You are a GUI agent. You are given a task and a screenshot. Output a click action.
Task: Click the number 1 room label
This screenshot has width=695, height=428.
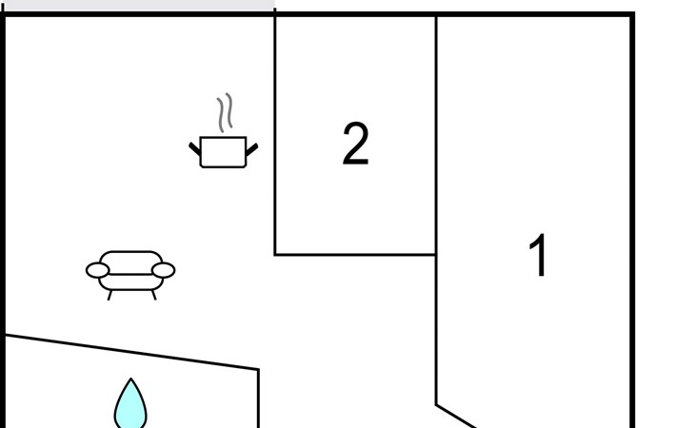(539, 256)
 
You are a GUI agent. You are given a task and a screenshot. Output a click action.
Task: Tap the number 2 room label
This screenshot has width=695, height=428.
(355, 145)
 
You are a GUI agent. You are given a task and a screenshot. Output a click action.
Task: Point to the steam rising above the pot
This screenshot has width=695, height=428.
(225, 113)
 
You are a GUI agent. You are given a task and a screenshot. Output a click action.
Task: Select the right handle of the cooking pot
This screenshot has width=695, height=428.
(252, 149)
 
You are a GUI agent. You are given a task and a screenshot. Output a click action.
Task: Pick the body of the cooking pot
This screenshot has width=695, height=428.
(224, 152)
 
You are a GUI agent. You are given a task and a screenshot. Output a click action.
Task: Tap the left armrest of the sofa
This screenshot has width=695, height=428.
(97, 270)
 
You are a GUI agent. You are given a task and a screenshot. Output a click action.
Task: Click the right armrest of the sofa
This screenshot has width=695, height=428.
(164, 270)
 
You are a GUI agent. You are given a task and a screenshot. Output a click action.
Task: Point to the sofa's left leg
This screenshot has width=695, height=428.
(109, 295)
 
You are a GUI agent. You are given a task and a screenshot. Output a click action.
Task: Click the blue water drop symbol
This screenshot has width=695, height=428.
(130, 407)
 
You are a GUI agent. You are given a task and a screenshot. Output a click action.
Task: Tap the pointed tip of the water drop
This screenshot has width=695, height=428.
(130, 381)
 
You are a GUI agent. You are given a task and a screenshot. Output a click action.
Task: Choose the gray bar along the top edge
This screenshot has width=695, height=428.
(139, 5)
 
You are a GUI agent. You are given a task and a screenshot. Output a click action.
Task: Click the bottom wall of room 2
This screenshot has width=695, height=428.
(355, 255)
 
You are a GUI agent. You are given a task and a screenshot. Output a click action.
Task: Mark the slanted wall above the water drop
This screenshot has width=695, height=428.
(133, 352)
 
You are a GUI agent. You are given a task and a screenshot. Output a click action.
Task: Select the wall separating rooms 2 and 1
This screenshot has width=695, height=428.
(436, 133)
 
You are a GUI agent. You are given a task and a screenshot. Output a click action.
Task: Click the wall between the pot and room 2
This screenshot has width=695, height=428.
(275, 133)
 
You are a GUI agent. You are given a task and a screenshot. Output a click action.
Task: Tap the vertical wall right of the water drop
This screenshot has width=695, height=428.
(259, 399)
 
